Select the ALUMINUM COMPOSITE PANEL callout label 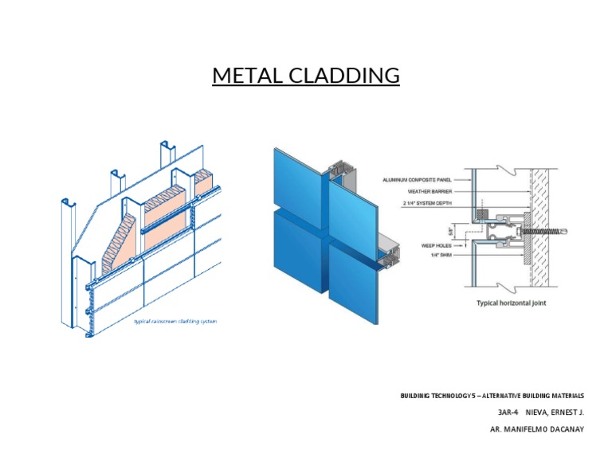point(416,181)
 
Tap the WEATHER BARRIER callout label point(429,192)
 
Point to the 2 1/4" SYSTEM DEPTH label point(427,204)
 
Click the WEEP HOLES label point(436,246)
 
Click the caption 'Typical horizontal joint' point(511,303)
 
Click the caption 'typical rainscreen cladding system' point(175,322)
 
